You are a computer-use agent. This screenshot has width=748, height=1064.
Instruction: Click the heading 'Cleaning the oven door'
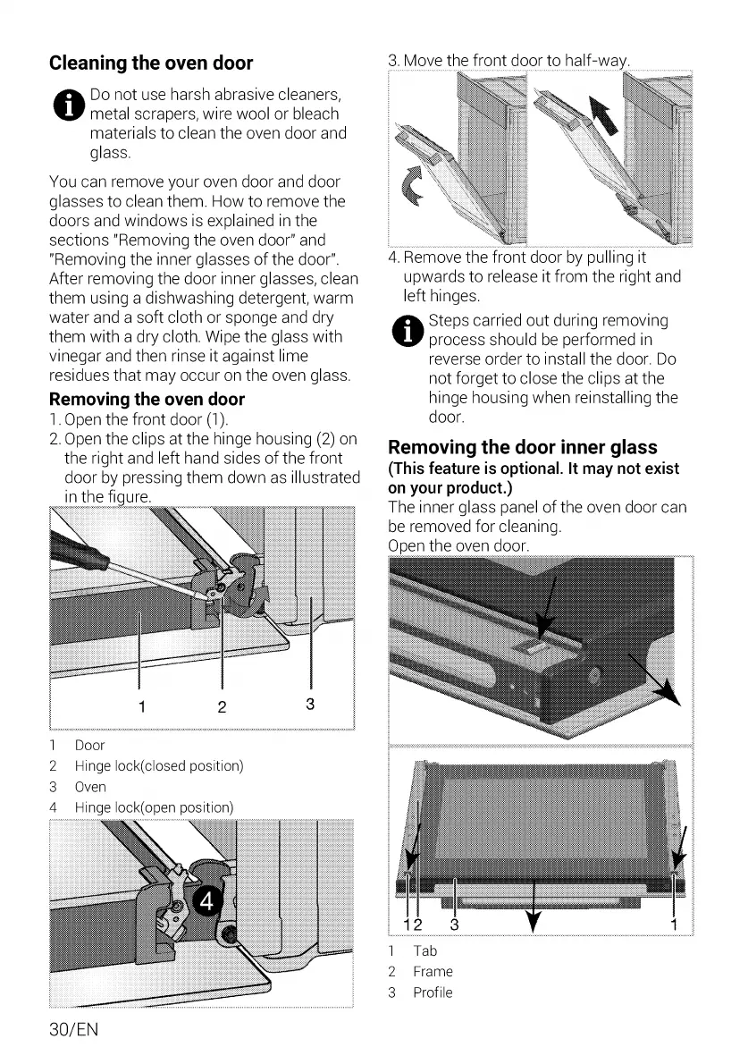151,63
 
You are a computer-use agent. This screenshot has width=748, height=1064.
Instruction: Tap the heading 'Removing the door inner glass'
523,447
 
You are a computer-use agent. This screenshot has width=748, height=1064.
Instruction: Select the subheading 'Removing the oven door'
147,399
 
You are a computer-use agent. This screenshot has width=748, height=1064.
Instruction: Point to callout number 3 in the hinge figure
309,704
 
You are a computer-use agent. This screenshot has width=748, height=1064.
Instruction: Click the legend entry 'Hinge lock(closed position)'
158,766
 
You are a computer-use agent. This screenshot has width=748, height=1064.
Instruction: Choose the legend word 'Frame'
433,972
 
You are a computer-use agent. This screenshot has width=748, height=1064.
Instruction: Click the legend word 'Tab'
424,951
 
